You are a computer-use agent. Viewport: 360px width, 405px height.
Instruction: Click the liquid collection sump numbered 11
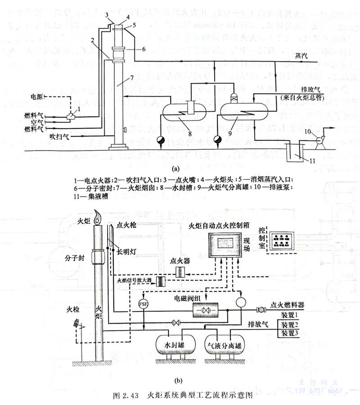(294, 152)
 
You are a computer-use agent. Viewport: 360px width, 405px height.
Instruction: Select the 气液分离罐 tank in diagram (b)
(223, 346)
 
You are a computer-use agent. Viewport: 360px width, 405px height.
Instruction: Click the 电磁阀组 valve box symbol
(205, 310)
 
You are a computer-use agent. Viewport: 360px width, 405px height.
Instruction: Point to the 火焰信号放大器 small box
(160, 281)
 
